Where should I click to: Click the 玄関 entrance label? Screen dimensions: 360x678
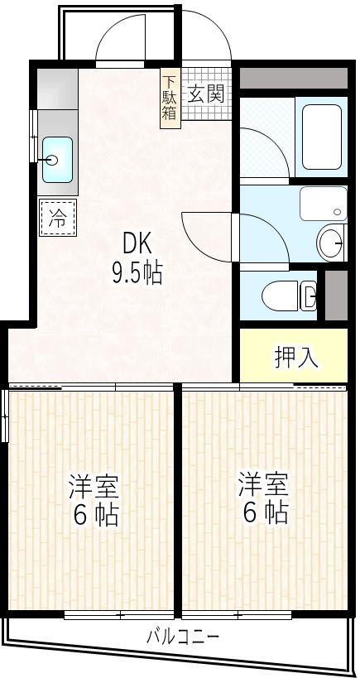point(207,94)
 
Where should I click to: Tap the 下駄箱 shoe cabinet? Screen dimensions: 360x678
point(170,99)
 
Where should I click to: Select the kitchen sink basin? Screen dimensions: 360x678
point(57,160)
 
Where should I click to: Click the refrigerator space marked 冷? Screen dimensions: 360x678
point(57,218)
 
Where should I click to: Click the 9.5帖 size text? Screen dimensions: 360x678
point(137,274)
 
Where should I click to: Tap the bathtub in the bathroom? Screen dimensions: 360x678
point(322,137)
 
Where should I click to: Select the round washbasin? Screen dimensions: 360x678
point(332,244)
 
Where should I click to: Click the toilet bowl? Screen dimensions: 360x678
point(280,296)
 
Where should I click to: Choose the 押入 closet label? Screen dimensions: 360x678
point(297,357)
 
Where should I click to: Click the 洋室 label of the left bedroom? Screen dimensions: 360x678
point(94,485)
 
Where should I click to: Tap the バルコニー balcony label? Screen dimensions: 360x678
point(183,637)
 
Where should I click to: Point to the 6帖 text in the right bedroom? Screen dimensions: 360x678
point(265,512)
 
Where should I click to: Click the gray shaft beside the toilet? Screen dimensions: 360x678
point(336,296)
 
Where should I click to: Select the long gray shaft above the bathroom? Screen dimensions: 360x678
point(294,78)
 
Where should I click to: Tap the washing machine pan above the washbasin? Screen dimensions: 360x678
point(324,204)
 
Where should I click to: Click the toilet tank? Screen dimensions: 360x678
point(308,296)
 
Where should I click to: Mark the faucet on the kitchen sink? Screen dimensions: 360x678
point(46,160)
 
